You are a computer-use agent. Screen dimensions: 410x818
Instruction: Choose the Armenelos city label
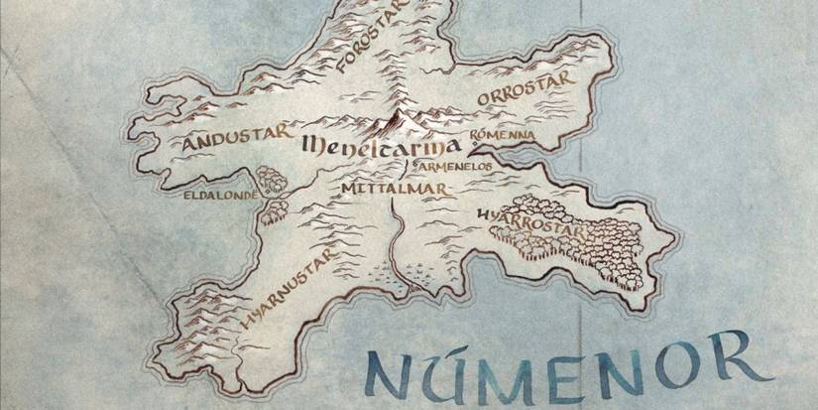459,167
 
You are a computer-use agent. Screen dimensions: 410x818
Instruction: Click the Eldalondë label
221,196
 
